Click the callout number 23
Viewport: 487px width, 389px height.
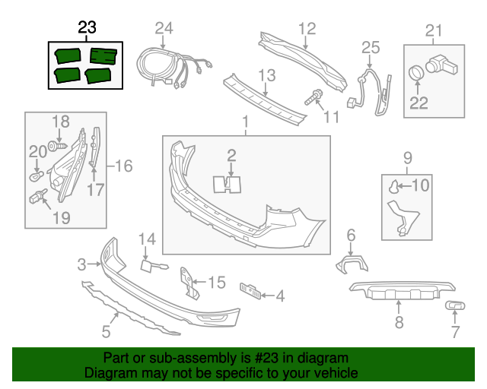88,28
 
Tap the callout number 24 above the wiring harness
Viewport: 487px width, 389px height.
164,29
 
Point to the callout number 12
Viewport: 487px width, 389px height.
306,29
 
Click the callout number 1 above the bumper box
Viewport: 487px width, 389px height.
246,122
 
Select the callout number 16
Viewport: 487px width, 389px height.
123,165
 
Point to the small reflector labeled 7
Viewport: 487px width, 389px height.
456,306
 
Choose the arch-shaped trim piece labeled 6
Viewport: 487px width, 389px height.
351,263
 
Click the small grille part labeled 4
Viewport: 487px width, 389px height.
250,291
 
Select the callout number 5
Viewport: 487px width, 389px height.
107,331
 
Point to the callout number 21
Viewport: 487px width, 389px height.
433,30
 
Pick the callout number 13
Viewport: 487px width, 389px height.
266,76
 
